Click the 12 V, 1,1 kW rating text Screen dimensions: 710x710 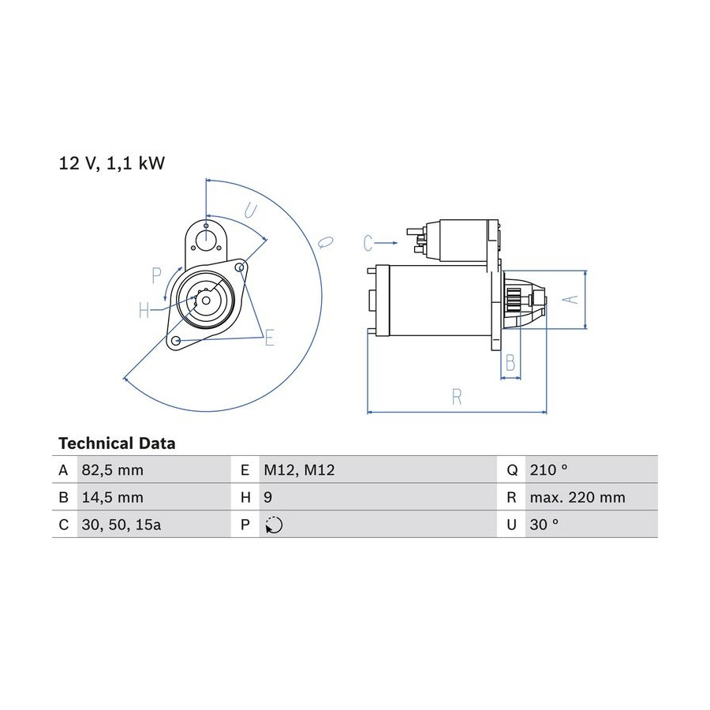pos(112,163)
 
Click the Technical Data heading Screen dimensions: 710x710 pos(117,443)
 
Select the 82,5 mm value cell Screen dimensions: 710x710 pos(112,470)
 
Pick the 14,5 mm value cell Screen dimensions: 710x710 pos(112,497)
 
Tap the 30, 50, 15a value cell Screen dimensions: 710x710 pos(121,525)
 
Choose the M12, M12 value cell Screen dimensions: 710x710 pos(299,470)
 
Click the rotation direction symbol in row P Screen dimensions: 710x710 pos(274,525)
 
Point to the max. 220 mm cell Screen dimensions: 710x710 pos(577,497)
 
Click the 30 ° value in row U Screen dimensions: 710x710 pos(544,525)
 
